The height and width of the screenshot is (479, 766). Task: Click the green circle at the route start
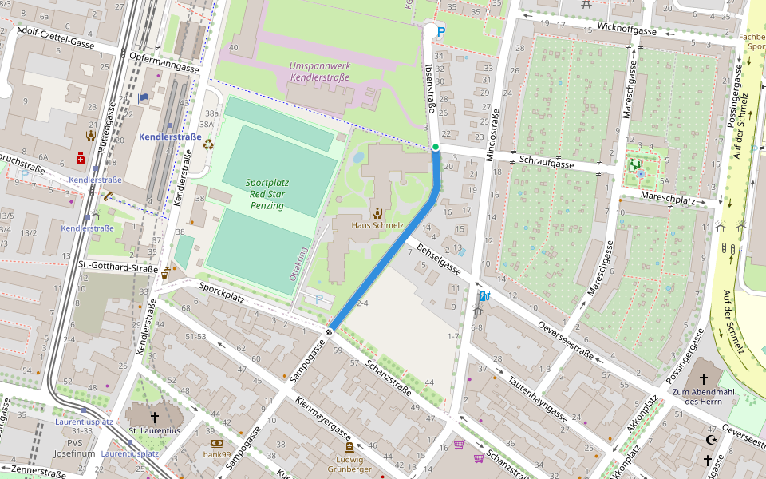pos(436,147)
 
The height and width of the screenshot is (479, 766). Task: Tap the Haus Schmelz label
pos(377,225)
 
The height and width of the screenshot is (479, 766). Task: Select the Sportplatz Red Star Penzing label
pos(265,194)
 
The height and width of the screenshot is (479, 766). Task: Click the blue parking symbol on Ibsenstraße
pos(440,32)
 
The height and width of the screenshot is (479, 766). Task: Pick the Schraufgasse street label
pos(547,163)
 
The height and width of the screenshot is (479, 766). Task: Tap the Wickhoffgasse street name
pos(626,30)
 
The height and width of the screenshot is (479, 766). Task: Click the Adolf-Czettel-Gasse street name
pos(55,40)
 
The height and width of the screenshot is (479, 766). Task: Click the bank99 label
pos(216,454)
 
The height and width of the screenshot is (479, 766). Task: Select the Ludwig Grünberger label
pos(349,464)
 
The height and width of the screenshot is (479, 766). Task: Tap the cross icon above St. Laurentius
pos(154,417)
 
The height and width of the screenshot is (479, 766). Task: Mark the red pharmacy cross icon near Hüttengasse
pos(80,159)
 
